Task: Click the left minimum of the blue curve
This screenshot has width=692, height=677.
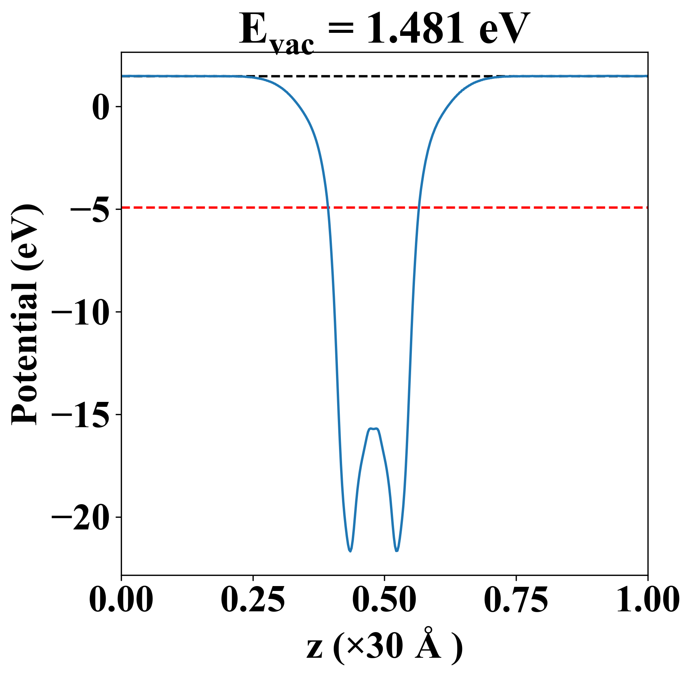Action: (350, 551)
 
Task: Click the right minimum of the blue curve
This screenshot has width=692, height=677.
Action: (397, 551)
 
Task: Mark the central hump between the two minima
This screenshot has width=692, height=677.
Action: (373, 429)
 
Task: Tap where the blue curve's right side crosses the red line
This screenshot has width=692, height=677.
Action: (418, 208)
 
